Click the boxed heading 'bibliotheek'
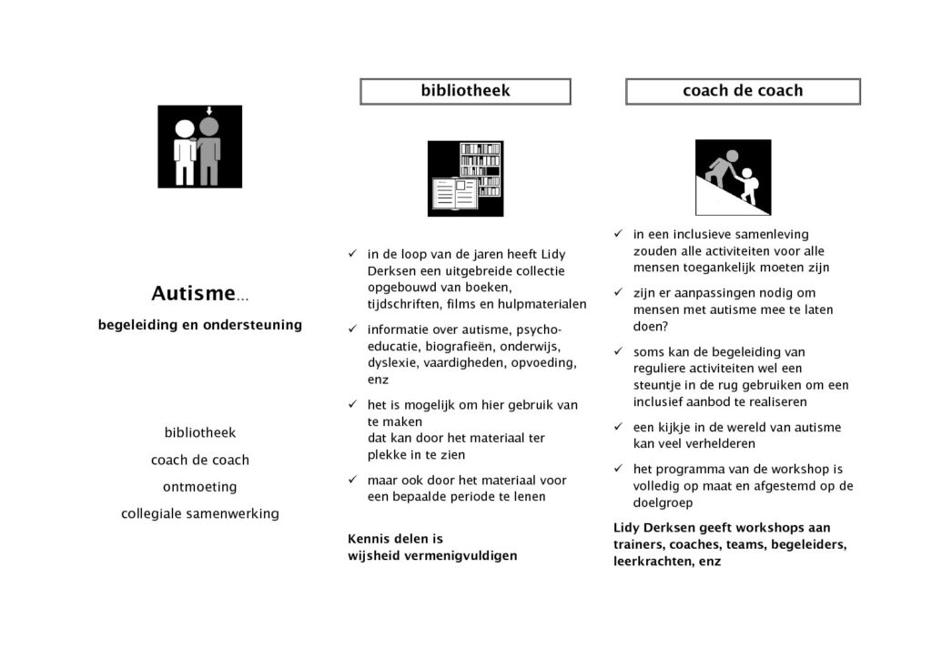(465, 91)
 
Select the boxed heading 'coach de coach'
(743, 91)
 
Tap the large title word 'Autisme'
(193, 293)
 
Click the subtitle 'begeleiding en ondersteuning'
(200, 325)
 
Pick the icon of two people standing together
(199, 147)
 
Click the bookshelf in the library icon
(481, 168)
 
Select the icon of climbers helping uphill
(733, 177)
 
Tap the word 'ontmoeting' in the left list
(199, 487)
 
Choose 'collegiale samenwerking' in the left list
(199, 514)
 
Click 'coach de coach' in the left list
(199, 460)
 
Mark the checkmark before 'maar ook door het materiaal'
(352, 480)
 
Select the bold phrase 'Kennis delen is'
(395, 539)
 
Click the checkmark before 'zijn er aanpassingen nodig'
(618, 292)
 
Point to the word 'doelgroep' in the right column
(664, 502)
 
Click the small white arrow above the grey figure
(209, 111)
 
